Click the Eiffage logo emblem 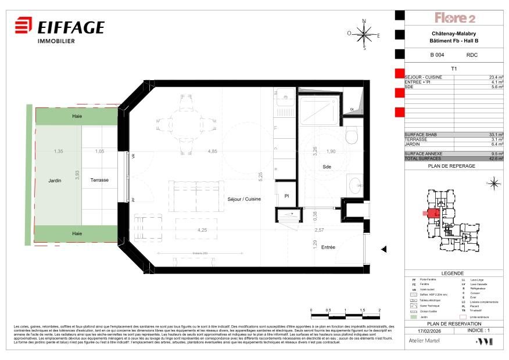23,27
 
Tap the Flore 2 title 455,18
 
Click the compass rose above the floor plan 364,34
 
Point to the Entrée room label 328,247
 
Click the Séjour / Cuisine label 244,199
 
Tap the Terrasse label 99,180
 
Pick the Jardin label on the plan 55,181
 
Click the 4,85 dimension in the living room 213,152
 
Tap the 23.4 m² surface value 496,77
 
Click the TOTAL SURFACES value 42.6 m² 496,159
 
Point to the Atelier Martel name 424,341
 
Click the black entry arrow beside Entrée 383,249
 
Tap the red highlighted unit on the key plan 432,213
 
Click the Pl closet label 286,196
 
